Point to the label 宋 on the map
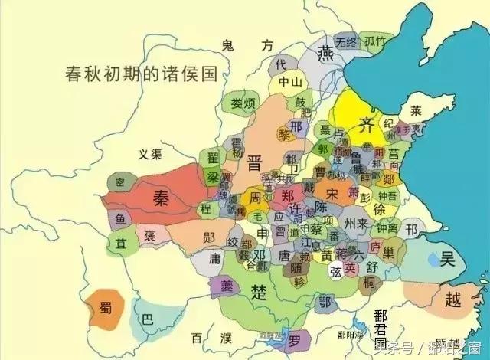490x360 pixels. pos(332,191)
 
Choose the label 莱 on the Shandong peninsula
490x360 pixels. pos(416,110)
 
